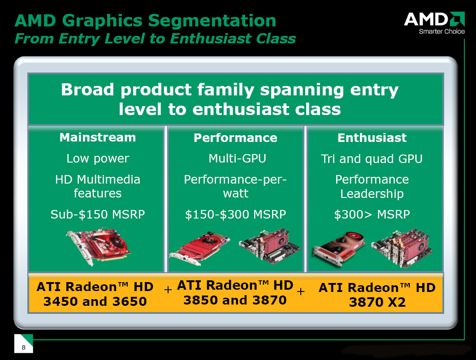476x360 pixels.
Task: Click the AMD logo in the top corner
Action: point(434,19)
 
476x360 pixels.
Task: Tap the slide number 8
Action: point(23,347)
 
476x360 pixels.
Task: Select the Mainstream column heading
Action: point(98,137)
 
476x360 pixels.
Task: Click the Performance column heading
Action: point(236,138)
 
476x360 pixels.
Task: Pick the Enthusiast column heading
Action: point(372,138)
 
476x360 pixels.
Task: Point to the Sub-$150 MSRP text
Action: point(98,214)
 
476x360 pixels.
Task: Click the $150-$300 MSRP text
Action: point(236,214)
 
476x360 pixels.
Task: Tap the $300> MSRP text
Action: point(372,214)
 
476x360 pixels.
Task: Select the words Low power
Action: point(98,159)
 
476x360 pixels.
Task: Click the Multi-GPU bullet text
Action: point(237,159)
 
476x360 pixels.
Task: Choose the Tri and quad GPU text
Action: point(372,159)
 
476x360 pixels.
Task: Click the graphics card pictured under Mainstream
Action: point(98,246)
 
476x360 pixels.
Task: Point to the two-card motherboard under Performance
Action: point(269,247)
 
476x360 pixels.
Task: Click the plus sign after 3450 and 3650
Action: point(168,290)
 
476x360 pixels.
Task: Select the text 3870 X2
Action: point(377,302)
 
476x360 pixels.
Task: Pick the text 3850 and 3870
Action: point(235,300)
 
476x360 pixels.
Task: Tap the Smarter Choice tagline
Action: point(441,31)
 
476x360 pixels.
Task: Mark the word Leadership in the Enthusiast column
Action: point(372,194)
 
